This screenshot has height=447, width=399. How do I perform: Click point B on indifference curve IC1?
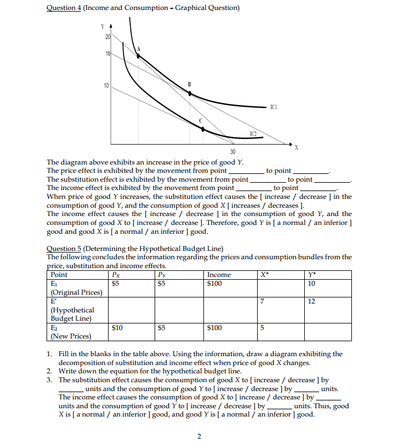(190, 94)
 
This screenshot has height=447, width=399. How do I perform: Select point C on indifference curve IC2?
(203, 129)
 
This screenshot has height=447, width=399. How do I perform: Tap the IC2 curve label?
(253, 133)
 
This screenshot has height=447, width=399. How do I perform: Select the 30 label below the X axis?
(233, 152)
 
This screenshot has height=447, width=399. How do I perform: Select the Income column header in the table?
(219, 275)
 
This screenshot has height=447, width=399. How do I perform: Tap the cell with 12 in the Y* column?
(313, 301)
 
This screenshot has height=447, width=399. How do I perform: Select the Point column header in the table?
(59, 275)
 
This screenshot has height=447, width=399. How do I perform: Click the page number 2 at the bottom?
(199, 436)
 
